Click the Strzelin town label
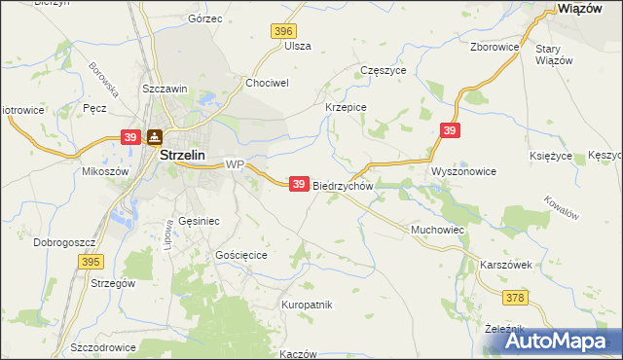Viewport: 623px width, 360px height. pos(180,155)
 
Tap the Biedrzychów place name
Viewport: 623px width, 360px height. pos(344,185)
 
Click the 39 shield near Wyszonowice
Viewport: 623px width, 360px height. pos(449,129)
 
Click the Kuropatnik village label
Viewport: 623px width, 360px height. pos(307,305)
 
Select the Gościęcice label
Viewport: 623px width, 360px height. pos(240,254)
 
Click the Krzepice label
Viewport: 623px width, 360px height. pos(345,108)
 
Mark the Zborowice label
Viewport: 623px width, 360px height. pos(493,46)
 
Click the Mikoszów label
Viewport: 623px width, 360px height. pos(105,171)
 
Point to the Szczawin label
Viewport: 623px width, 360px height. pos(164,90)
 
